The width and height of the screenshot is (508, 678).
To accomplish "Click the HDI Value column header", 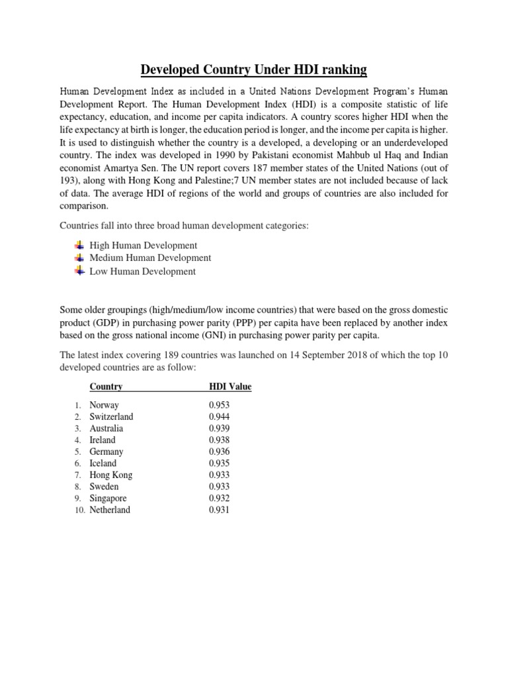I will coord(230,387).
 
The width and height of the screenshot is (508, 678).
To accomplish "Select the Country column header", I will coord(106,387).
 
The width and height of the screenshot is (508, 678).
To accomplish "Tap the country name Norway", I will coord(105,405).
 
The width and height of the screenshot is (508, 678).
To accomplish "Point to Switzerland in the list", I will coord(111,417).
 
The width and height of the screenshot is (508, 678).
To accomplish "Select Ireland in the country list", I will coord(103,440).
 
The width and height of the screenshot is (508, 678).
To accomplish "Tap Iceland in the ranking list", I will coord(103,463).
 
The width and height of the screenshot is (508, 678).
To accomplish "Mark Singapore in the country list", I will coord(108,498).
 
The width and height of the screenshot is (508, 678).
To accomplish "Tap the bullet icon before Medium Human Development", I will coord(79,258).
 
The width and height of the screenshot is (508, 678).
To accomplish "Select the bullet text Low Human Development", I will coord(142,271).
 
